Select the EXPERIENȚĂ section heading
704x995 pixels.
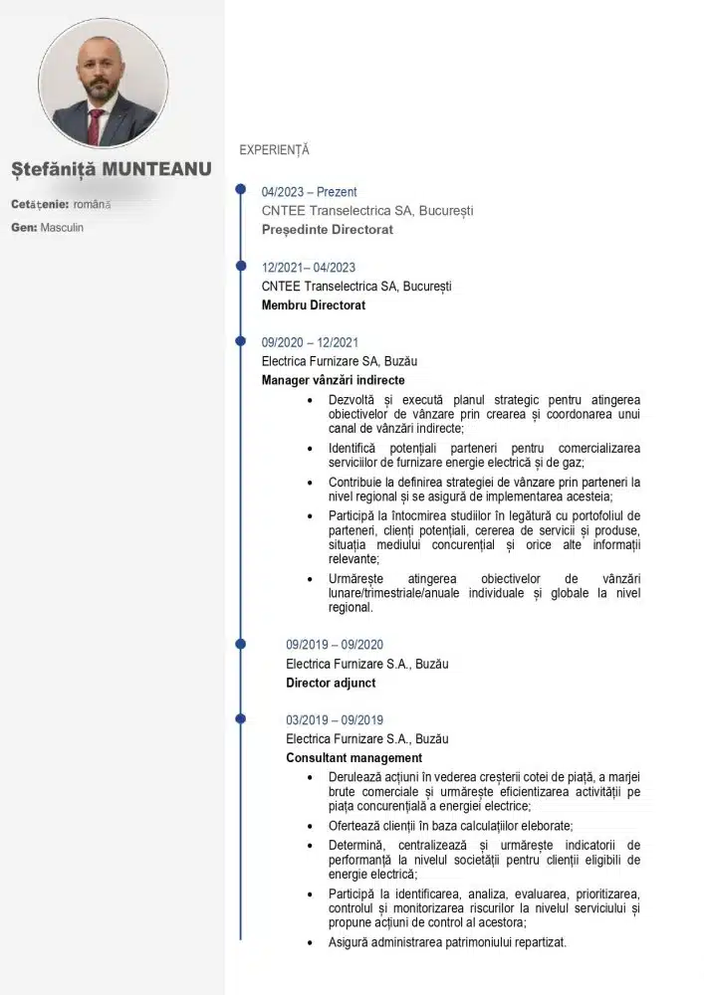(x=274, y=150)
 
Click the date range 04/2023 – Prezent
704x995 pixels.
(x=309, y=192)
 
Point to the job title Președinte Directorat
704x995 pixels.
(x=328, y=230)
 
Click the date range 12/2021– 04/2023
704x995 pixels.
(x=309, y=268)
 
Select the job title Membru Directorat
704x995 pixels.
(x=314, y=305)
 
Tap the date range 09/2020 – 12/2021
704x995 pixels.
(x=310, y=342)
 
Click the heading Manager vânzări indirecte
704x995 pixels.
(x=333, y=380)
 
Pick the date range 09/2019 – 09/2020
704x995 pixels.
(x=335, y=645)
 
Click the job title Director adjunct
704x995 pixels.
(x=331, y=684)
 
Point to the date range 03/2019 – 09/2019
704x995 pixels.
(x=335, y=720)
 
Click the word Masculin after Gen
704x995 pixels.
(x=63, y=228)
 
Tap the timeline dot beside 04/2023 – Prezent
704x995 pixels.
(x=240, y=189)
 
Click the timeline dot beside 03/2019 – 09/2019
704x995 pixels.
(x=240, y=717)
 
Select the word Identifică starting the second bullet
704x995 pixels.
(x=352, y=449)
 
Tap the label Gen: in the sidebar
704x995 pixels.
(x=24, y=228)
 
